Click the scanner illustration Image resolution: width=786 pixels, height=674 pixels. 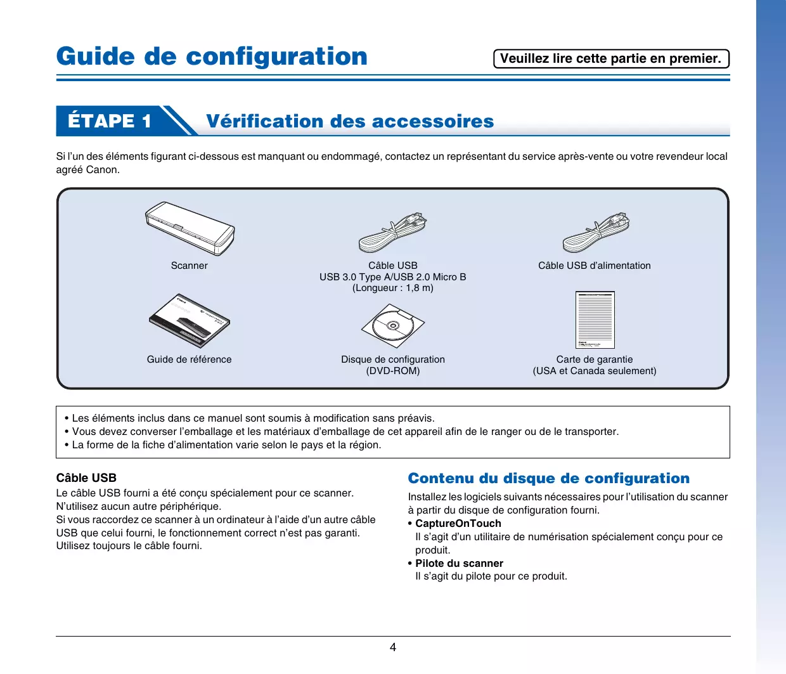[x=190, y=229]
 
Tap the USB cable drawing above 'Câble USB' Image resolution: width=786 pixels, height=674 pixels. [x=393, y=233]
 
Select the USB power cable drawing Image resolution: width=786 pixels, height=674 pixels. [x=596, y=233]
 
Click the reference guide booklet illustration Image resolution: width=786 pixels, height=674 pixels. [x=190, y=321]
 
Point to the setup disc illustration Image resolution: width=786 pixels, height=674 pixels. [x=393, y=326]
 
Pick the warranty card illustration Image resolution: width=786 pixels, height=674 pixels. [x=595, y=320]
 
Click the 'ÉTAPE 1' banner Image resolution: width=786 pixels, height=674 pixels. [x=110, y=121]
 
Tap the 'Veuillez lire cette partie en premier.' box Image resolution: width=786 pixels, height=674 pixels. [x=611, y=58]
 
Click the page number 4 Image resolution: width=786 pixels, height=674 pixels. [x=393, y=647]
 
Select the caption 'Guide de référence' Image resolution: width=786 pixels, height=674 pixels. [x=189, y=360]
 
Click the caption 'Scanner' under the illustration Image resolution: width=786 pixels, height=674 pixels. [x=189, y=266]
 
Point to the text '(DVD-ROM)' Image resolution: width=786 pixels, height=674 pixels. [x=393, y=371]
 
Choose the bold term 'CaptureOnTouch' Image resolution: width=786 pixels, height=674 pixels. [x=458, y=523]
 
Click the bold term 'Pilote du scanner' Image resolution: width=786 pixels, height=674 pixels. [x=459, y=563]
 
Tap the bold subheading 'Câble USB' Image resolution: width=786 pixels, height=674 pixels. [x=86, y=477]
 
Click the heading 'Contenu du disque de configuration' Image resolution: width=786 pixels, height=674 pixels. [x=549, y=478]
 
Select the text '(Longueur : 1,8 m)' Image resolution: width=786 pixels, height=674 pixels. [x=393, y=288]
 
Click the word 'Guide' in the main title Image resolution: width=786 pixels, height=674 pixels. [x=96, y=56]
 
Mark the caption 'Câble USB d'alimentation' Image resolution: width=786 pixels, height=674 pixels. [x=595, y=266]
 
